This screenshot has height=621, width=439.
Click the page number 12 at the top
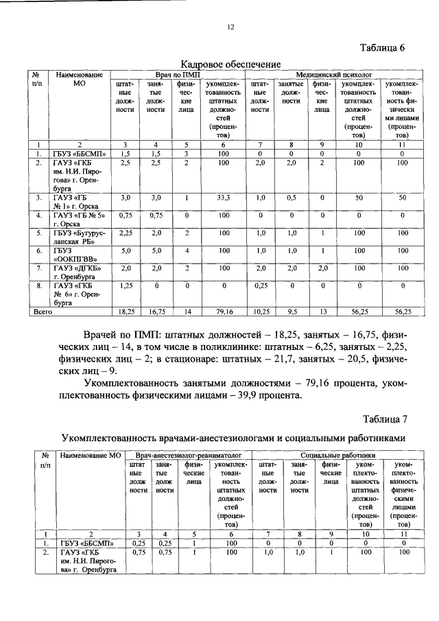(x=230, y=27)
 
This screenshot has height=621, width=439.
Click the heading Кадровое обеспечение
(x=230, y=64)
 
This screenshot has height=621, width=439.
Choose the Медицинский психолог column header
(x=334, y=73)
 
